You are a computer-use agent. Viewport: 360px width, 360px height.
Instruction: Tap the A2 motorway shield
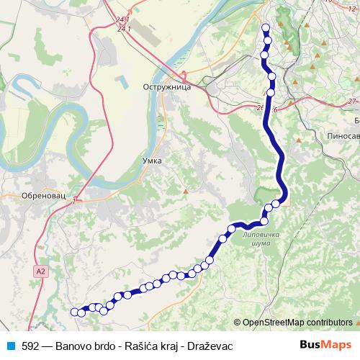(40, 271)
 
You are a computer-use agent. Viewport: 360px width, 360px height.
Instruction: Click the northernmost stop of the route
(266, 29)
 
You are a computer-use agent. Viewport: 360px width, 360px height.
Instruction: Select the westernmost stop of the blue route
(73, 312)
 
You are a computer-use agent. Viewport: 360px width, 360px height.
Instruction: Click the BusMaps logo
(325, 346)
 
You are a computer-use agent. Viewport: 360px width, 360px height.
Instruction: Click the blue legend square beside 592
(9, 346)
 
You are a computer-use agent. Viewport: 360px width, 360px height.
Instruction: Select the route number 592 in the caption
(30, 346)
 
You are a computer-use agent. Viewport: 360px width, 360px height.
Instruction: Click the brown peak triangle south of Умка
(186, 192)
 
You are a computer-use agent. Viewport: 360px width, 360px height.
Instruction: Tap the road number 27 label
(352, 102)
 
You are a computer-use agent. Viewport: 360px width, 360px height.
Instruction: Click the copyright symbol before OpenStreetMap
(238, 323)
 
